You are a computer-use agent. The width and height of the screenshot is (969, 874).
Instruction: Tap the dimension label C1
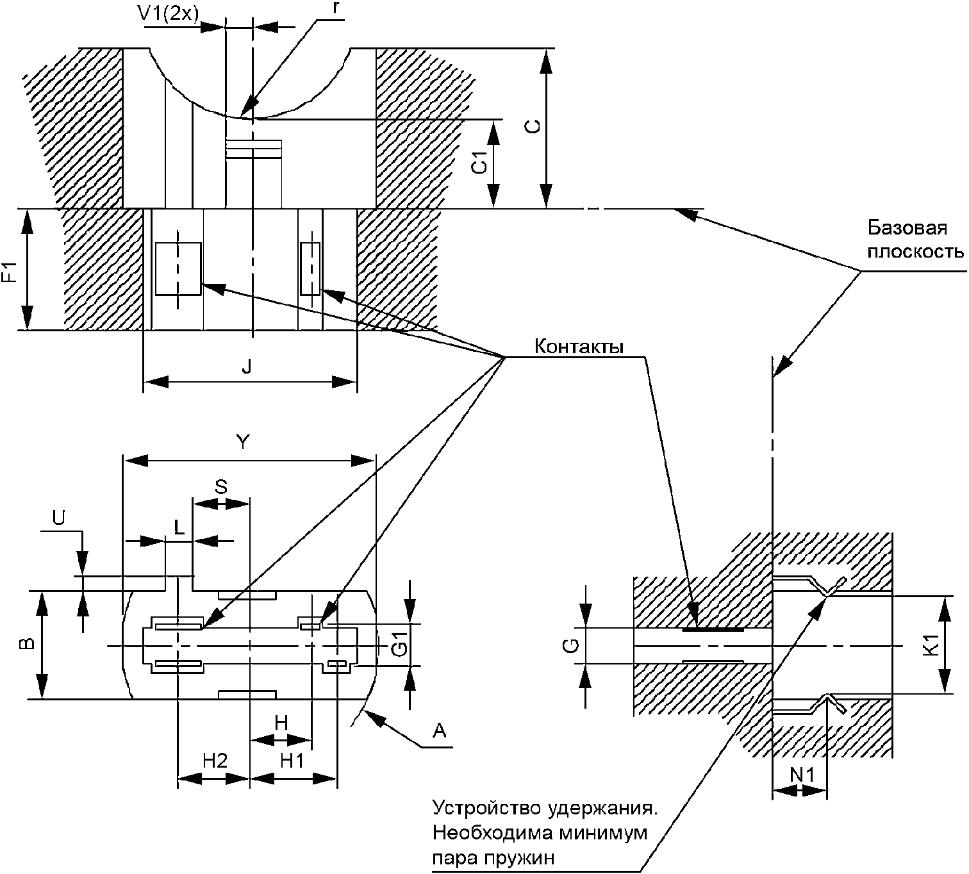coord(479,163)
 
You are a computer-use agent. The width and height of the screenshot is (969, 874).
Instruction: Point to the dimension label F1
coord(10,272)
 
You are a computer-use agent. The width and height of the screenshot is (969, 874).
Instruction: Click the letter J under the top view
coord(247,367)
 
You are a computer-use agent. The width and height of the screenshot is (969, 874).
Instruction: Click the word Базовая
coord(907,227)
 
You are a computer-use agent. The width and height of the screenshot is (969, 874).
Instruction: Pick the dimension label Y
coord(244,441)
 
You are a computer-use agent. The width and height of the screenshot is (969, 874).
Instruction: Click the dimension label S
coord(220,487)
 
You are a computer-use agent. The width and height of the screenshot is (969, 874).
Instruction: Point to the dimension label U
coord(58,518)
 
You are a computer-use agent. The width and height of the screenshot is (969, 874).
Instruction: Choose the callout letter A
coord(439,731)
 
